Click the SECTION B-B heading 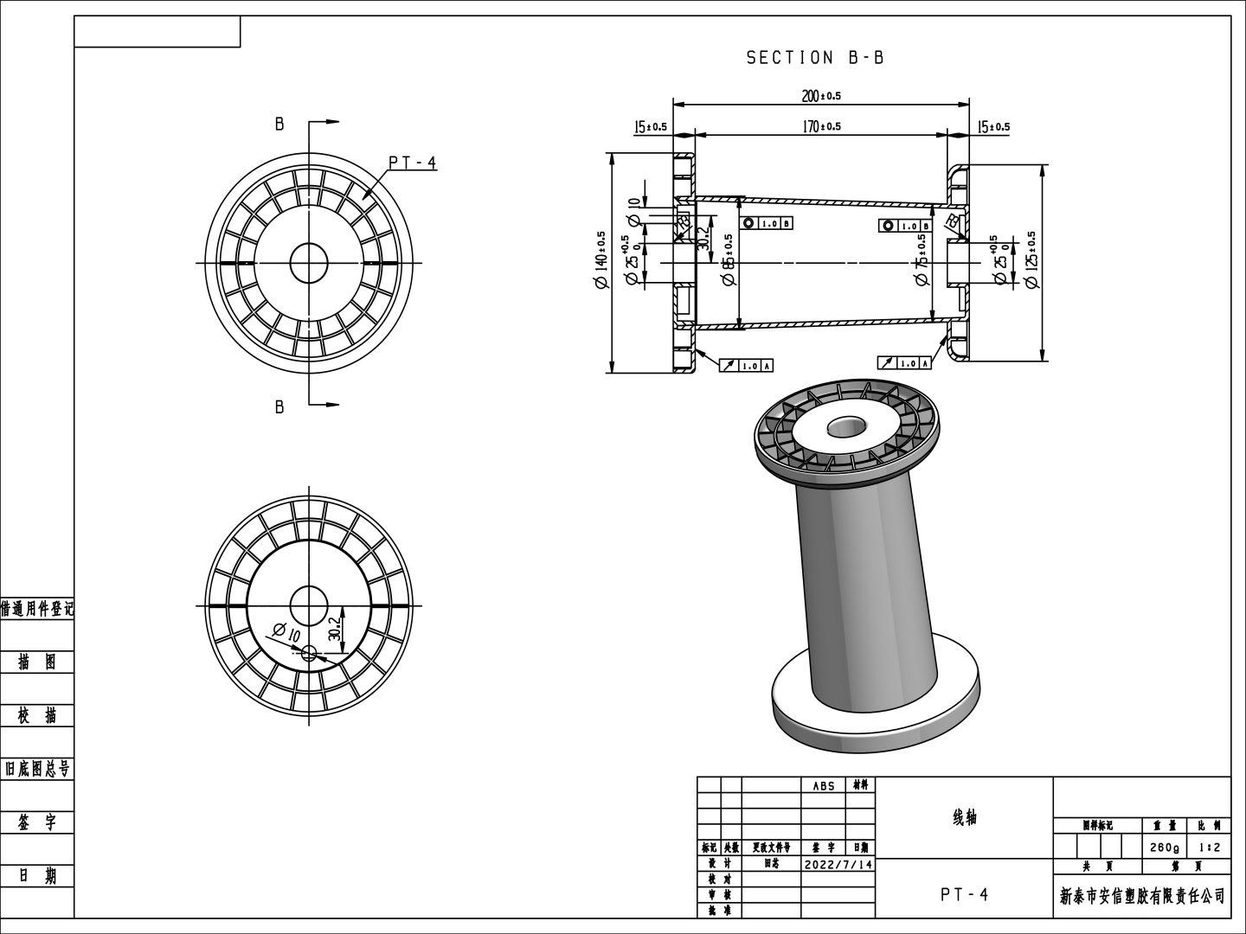pos(815,58)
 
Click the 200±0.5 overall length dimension pos(821,96)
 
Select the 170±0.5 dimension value pos(821,126)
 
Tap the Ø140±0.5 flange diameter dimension pos(601,259)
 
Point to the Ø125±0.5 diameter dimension pos(1031,259)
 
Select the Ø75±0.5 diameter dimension pos(922,261)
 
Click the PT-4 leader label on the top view pos(412,163)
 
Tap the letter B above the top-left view pos(279,125)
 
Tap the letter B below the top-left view pos(279,406)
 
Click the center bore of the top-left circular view pos(309,262)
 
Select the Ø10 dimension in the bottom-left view pos(286,632)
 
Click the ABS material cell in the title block pos(824,786)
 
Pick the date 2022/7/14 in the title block pos(838,864)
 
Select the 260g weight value pos(1165,847)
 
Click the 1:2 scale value pos(1209,847)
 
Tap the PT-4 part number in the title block pos(964,895)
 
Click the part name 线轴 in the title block pos(964,817)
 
